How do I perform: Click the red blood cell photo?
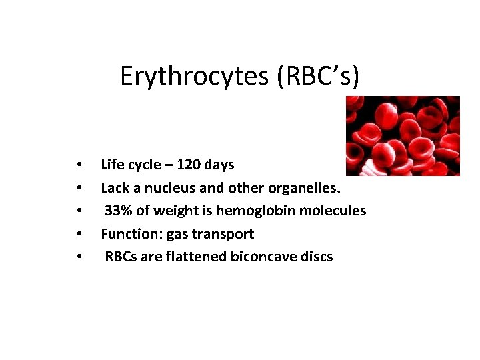403,136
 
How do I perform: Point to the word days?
219,164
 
